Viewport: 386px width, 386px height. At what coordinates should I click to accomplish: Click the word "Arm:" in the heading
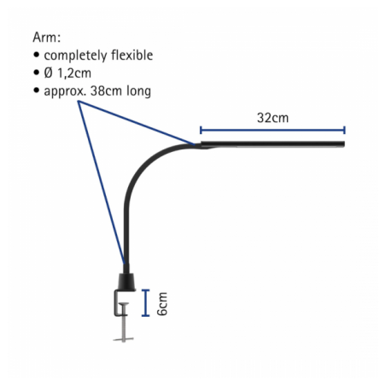point(47,38)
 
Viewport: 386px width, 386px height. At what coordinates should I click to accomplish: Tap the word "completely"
point(75,56)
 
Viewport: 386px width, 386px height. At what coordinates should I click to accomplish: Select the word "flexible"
point(132,55)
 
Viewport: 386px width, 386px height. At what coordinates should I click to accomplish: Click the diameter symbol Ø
point(49,73)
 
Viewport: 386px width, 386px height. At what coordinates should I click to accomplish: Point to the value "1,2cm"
point(74,73)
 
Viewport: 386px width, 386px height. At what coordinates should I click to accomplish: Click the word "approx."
point(65,91)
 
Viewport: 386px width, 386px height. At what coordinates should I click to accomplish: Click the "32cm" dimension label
point(272,118)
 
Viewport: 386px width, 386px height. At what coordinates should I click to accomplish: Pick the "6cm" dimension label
point(162,303)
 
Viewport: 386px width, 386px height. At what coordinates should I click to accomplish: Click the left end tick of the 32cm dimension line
point(201,130)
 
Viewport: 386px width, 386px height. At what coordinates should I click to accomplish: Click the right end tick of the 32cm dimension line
point(344,130)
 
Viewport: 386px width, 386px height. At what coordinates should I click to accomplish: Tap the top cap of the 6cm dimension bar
point(145,290)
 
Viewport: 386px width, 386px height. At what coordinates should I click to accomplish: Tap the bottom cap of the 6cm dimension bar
point(145,315)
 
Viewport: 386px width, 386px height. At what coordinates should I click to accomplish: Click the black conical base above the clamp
point(126,283)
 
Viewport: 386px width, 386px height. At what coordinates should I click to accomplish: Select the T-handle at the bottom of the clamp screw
point(123,339)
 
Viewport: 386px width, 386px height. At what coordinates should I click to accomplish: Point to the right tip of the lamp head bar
point(344,144)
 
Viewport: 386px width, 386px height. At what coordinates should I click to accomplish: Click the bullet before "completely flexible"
point(36,55)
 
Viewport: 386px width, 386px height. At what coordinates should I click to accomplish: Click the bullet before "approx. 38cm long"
point(36,91)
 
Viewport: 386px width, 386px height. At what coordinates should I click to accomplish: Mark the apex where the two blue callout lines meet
point(79,102)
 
